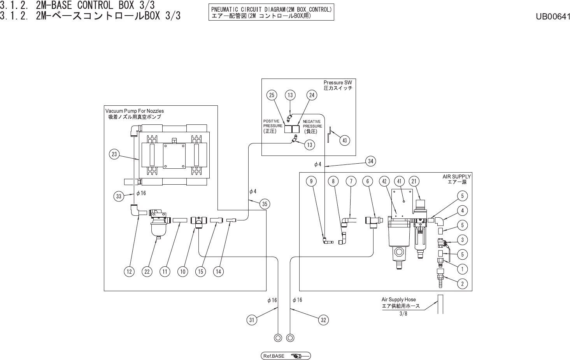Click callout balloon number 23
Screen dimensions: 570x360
114,154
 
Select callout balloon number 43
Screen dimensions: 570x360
345,140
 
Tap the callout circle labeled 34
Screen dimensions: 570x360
370,161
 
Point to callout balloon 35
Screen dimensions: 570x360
265,204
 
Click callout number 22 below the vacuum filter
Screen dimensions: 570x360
147,271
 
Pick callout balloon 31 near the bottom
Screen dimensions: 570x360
252,320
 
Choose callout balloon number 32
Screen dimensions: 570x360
323,320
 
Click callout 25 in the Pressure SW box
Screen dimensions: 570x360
272,95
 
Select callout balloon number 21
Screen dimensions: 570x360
414,181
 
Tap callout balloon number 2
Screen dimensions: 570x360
462,284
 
